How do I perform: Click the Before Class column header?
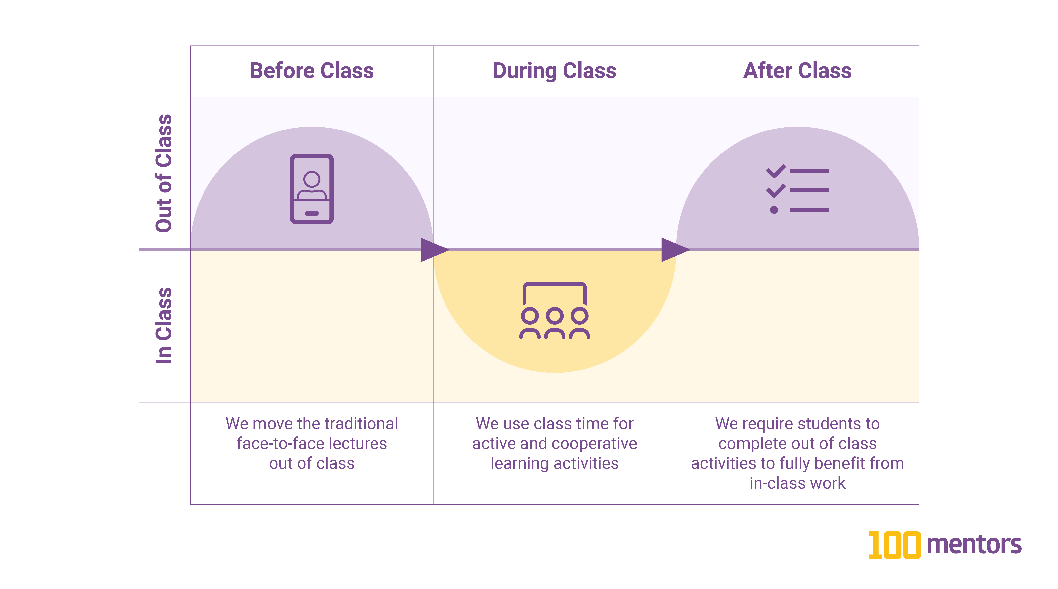(312, 71)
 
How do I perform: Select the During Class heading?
(554, 71)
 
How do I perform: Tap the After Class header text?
(797, 71)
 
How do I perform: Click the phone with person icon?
(312, 189)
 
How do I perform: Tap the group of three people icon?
(554, 311)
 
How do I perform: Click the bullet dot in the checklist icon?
(774, 210)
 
